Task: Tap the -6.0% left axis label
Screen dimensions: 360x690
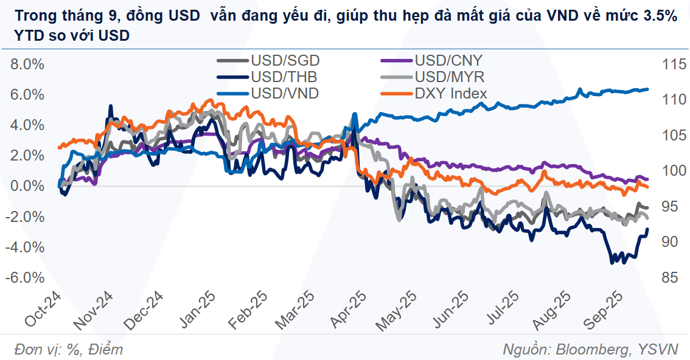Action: click(x=26, y=277)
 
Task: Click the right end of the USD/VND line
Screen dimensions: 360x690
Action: click(x=647, y=89)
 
